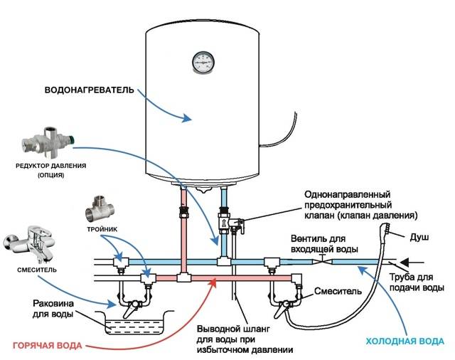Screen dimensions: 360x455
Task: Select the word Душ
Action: (420, 235)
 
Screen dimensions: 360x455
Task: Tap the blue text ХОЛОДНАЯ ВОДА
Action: (405, 340)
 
